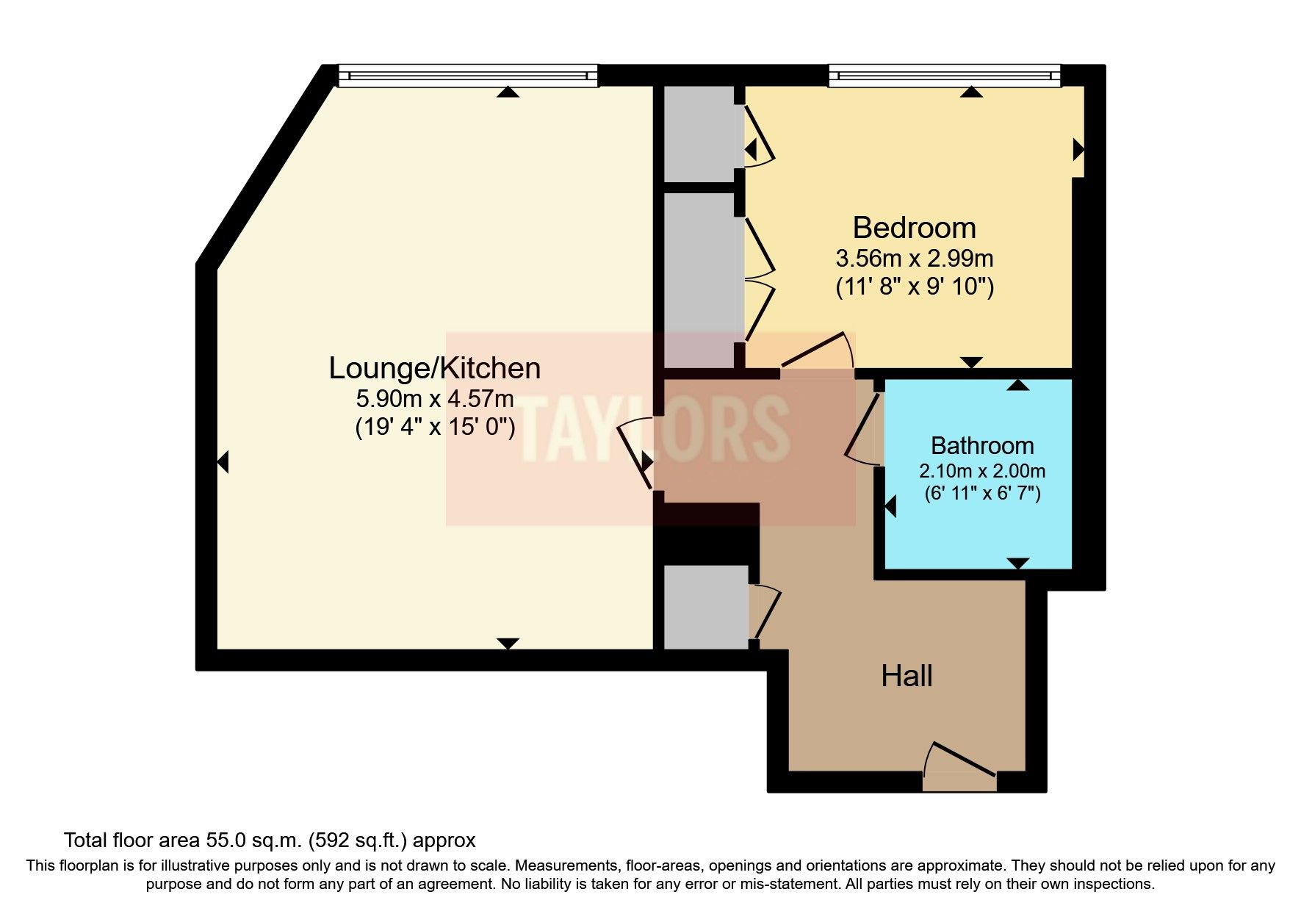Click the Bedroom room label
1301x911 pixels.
(x=914, y=228)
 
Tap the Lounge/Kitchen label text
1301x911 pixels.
(x=434, y=368)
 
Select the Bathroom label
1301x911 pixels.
(x=981, y=445)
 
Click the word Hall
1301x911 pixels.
(x=907, y=676)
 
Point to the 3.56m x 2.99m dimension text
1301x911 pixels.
(x=914, y=259)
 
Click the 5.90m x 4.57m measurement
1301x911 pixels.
(x=434, y=400)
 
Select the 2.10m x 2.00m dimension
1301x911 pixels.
(x=981, y=471)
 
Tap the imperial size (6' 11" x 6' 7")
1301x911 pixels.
(x=981, y=493)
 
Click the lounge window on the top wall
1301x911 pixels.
(x=467, y=75)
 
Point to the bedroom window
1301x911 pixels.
(x=945, y=75)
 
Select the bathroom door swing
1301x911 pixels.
(x=864, y=430)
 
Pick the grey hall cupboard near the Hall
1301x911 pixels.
(x=706, y=607)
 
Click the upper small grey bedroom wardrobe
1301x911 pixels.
(x=700, y=134)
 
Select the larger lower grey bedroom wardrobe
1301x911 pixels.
(x=700, y=280)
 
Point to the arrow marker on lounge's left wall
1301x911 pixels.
(x=223, y=462)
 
